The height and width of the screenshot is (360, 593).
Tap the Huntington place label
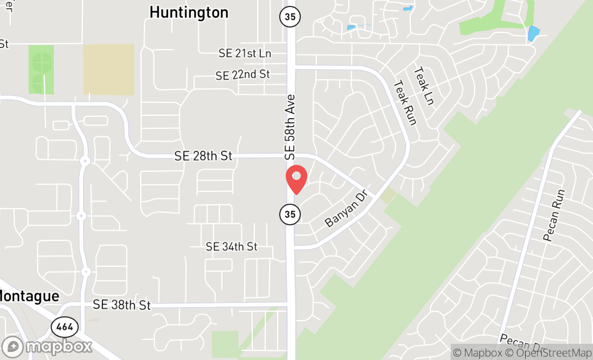tap(189, 12)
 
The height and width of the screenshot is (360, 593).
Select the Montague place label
tap(29, 296)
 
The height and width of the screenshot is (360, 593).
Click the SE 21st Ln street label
tap(245, 53)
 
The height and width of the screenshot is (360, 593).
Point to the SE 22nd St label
tap(243, 75)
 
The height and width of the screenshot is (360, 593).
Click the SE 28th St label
tap(203, 156)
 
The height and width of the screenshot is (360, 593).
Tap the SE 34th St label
tap(232, 246)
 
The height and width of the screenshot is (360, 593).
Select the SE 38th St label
tap(121, 305)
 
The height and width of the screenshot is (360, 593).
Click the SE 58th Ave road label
tap(291, 127)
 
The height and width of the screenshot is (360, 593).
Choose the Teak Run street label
tap(405, 102)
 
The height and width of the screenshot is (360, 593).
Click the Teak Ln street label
tap(424, 86)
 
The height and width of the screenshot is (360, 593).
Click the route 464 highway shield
tap(65, 327)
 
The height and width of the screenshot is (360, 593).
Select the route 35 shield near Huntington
tap(290, 16)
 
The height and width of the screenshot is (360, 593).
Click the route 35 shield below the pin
tap(290, 214)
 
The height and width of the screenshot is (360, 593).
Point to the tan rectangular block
tap(108, 70)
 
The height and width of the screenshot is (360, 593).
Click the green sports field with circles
tap(41, 70)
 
